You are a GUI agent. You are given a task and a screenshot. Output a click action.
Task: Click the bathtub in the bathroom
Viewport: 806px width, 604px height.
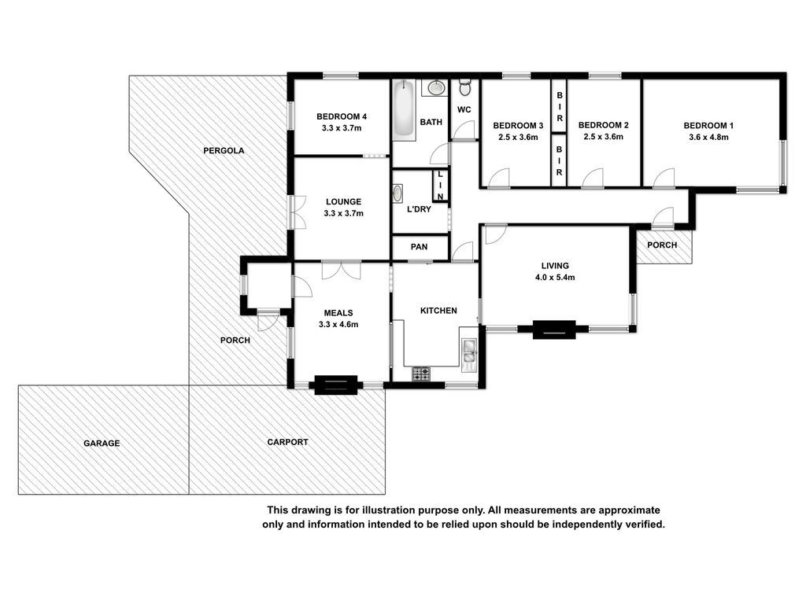[x=404, y=110]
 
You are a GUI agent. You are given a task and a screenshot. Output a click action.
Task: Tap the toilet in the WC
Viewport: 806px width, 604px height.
[x=464, y=87]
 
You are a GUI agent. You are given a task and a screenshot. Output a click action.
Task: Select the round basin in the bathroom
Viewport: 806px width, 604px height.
[x=436, y=87]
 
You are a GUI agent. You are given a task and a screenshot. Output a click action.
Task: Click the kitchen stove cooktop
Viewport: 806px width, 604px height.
[x=421, y=374]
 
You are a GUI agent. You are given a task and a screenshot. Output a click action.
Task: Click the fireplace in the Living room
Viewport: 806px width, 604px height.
[x=553, y=330]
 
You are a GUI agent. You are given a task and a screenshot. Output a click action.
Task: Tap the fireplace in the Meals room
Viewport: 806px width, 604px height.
[x=335, y=385]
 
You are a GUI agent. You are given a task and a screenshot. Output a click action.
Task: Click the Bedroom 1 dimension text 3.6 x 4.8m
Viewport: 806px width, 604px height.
[x=709, y=137]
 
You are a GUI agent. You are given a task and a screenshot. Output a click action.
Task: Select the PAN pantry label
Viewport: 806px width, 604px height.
[x=419, y=246]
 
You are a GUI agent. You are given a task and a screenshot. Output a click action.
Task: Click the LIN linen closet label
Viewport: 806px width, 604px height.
[x=440, y=186]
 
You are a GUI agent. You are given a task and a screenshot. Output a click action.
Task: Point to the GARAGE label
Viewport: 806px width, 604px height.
[x=102, y=444]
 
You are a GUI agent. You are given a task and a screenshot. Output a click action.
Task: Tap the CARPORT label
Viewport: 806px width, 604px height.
[x=288, y=442]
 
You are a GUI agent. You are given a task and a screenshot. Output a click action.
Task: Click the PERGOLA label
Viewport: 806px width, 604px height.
[x=224, y=150]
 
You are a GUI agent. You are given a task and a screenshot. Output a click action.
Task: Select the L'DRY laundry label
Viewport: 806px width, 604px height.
[x=419, y=209]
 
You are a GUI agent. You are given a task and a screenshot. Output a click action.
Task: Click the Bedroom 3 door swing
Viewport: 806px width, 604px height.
[x=498, y=178]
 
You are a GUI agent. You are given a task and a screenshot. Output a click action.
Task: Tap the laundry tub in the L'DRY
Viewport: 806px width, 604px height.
[x=397, y=193]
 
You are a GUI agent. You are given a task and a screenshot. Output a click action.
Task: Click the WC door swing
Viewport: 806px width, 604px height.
[x=464, y=130]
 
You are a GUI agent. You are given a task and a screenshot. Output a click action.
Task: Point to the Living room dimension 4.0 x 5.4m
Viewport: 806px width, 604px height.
[x=555, y=278]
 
